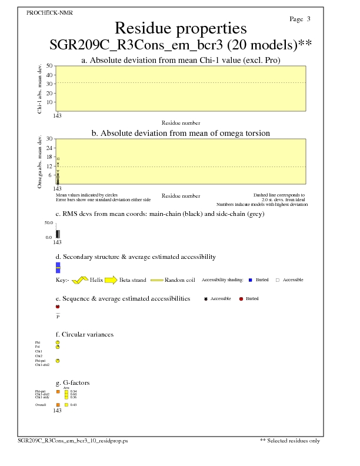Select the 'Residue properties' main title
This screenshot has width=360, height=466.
tap(181, 28)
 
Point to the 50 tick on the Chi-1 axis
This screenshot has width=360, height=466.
tap(49, 66)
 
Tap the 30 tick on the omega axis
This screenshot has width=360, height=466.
tap(49, 139)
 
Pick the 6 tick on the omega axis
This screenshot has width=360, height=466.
tap(51, 175)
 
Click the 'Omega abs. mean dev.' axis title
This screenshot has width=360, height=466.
tap(41, 162)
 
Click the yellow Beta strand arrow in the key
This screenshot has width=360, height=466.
tap(111, 280)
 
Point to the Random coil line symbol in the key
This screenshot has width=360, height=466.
tap(156, 280)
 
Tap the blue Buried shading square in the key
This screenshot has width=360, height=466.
tap(251, 280)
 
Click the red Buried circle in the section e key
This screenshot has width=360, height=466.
tap(241, 299)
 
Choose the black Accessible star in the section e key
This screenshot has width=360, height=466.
tap(205, 299)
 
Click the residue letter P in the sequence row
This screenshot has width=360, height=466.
tap(58, 317)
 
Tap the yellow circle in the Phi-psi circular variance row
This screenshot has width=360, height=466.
tap(58, 361)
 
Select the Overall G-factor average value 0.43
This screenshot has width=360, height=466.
tap(74, 405)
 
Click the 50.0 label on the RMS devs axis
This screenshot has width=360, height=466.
tap(49, 223)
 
